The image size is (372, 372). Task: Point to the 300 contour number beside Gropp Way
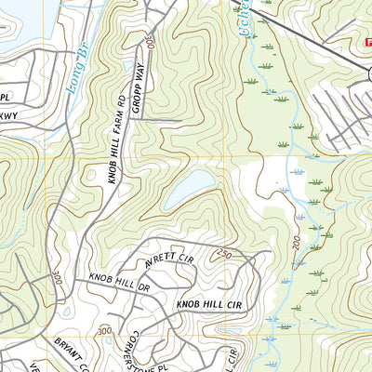[x=150, y=43]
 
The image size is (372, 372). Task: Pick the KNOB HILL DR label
[x=119, y=282]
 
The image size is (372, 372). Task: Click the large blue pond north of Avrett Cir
[x=190, y=192]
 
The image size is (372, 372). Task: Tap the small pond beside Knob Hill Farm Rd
[x=127, y=67]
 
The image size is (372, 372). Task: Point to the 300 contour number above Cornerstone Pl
[x=103, y=330]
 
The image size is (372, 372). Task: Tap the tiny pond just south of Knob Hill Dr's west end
[x=66, y=312]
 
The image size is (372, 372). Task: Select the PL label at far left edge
[x=5, y=97]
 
